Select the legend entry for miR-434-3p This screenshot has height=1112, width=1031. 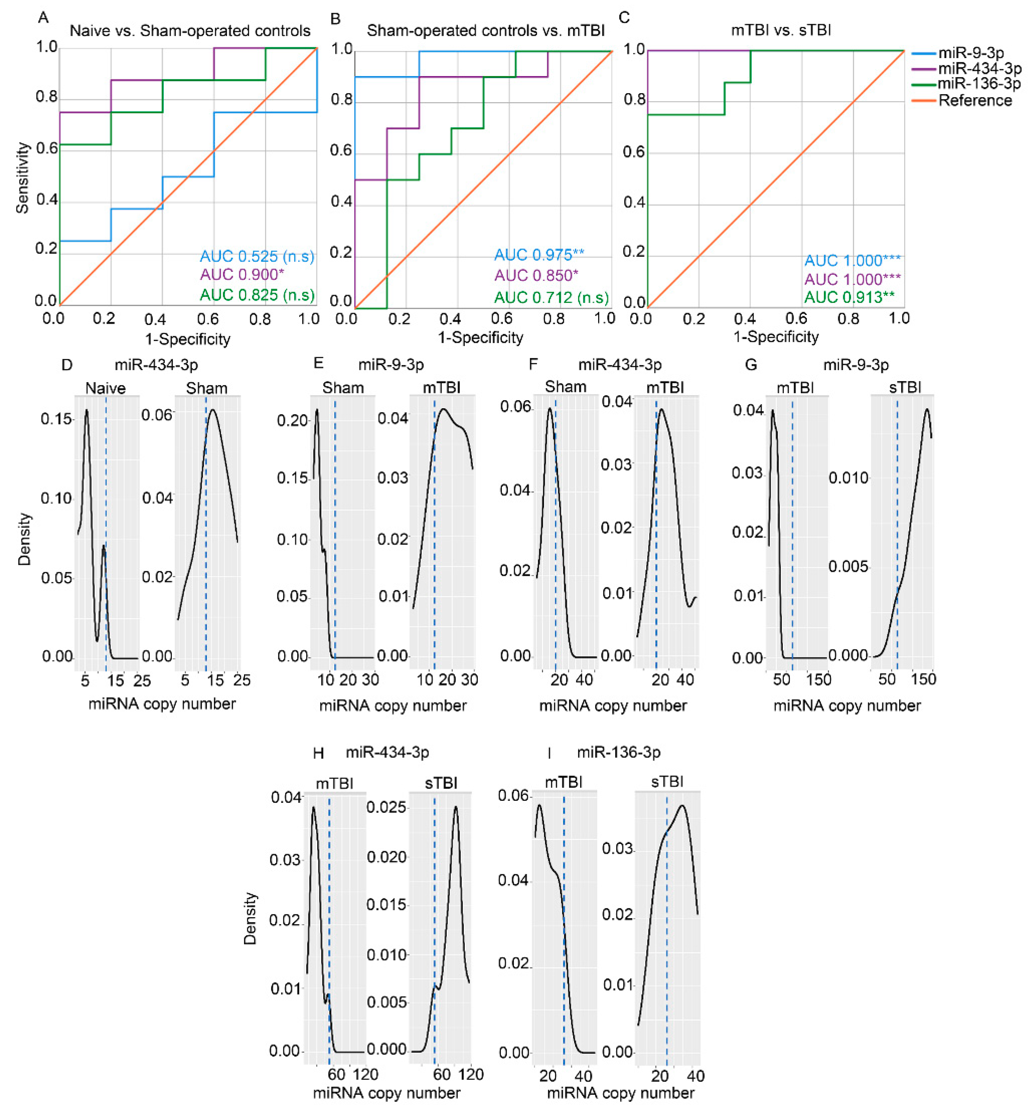(x=979, y=69)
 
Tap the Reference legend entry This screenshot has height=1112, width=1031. (x=975, y=100)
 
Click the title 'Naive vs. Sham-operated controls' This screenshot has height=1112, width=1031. (x=190, y=31)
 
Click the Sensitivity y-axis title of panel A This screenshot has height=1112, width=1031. (x=22, y=177)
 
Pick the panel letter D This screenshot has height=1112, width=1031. (x=67, y=365)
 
